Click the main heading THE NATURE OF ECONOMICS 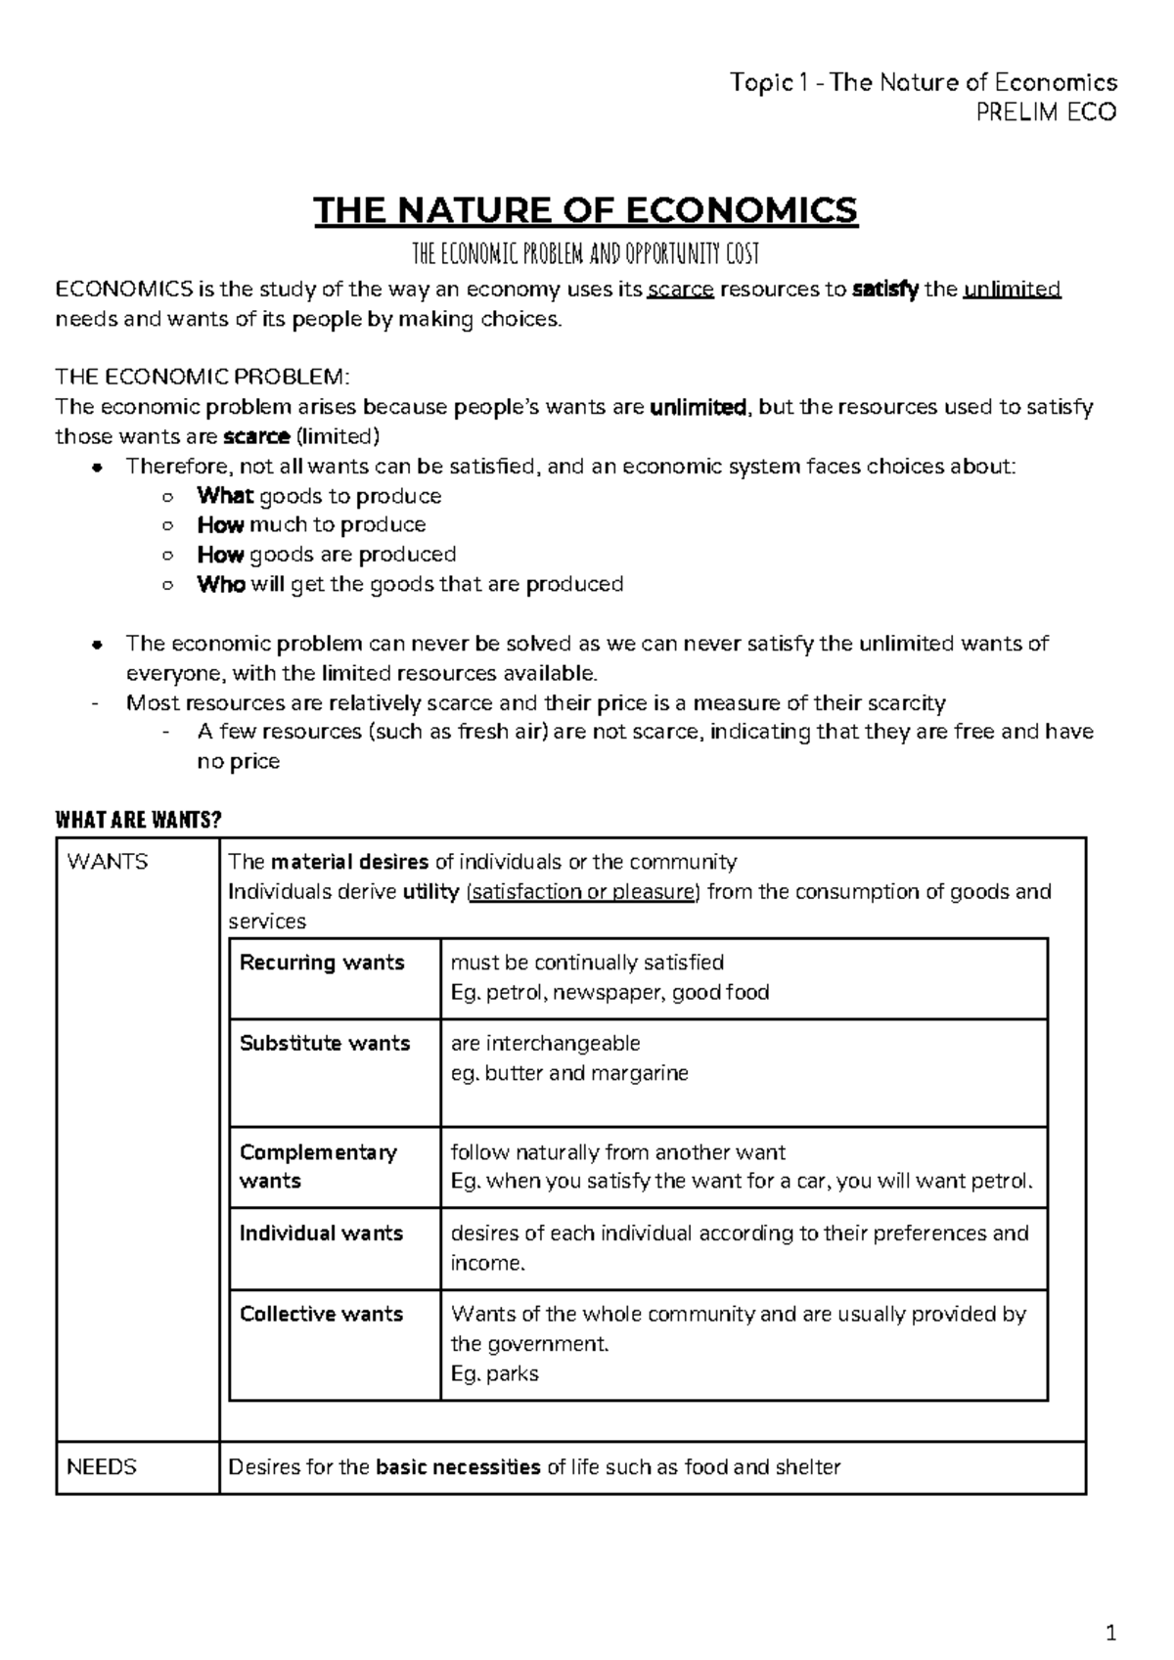(x=585, y=210)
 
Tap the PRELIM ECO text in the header (x=1047, y=112)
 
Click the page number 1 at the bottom (x=1110, y=1633)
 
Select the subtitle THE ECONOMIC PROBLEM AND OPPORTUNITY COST (x=585, y=255)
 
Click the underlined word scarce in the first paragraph (x=681, y=290)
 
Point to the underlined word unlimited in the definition (x=1012, y=290)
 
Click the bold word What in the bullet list (x=225, y=496)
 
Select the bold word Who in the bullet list (x=221, y=585)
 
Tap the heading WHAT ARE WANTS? (x=132, y=820)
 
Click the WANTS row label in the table (x=107, y=862)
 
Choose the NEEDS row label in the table (x=102, y=1467)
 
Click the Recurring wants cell (x=322, y=963)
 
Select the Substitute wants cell (x=325, y=1044)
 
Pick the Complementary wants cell (x=318, y=1166)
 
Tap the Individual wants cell (x=321, y=1234)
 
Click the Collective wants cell (x=321, y=1315)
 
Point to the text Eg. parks (x=494, y=1374)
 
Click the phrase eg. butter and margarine (x=569, y=1073)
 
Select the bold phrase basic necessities (x=458, y=1467)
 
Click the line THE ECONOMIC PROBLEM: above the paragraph (x=202, y=378)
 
